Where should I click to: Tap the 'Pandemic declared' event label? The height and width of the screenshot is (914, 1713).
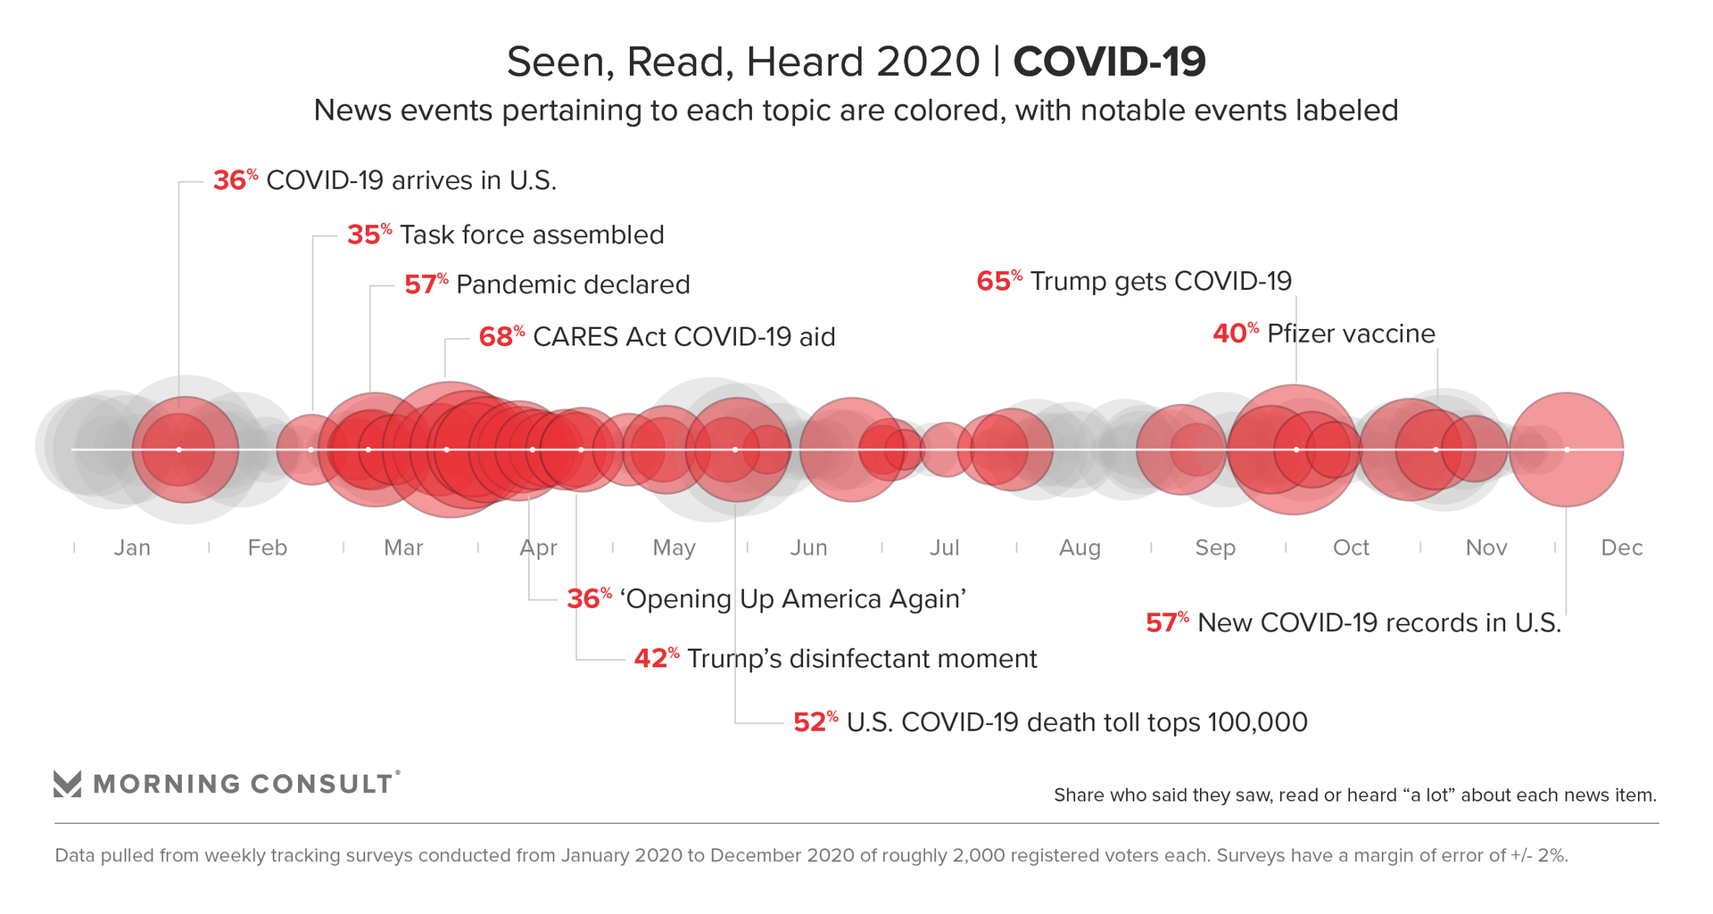point(573,284)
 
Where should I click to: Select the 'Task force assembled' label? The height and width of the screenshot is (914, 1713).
point(532,235)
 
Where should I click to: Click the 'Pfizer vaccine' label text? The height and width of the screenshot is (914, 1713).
point(1351,333)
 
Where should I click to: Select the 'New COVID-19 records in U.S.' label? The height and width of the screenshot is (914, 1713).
point(1379,622)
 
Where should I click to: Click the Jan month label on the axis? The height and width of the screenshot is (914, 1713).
point(132,548)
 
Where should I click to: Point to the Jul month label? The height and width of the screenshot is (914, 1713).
point(944,548)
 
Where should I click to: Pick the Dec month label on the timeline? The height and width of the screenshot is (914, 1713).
point(1621,548)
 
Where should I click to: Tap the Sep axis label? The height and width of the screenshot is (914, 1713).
point(1214,548)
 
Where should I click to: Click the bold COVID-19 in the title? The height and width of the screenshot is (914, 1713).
point(1109,62)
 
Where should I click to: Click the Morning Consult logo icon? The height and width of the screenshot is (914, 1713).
point(68,783)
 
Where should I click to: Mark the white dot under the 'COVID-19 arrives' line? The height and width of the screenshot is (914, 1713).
point(179,449)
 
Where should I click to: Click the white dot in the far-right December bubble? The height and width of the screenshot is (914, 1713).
point(1567,449)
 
